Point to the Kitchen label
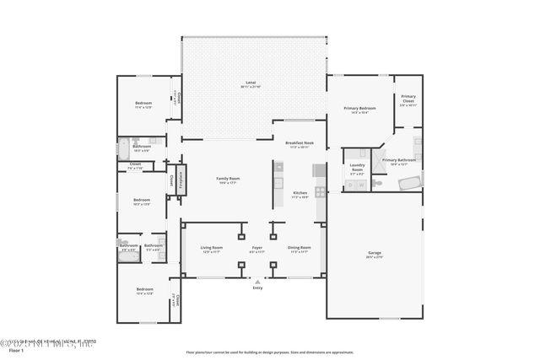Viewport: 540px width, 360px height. pyautogui.click(x=300, y=193)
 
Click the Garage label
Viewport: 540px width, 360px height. pyautogui.click(x=374, y=253)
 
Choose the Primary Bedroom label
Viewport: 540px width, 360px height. pyautogui.click(x=359, y=109)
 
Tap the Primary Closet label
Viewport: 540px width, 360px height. pyautogui.click(x=408, y=99)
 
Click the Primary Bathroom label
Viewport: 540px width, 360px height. pyautogui.click(x=399, y=159)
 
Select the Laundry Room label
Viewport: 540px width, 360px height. pyautogui.click(x=357, y=167)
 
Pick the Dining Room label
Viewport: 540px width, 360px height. pyautogui.click(x=300, y=248)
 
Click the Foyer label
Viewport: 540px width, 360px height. pyautogui.click(x=257, y=248)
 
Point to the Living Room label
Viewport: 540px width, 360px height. pyautogui.click(x=211, y=248)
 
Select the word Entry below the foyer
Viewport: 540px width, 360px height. pyautogui.click(x=257, y=288)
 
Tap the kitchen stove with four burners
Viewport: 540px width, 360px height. pyautogui.click(x=321, y=192)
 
